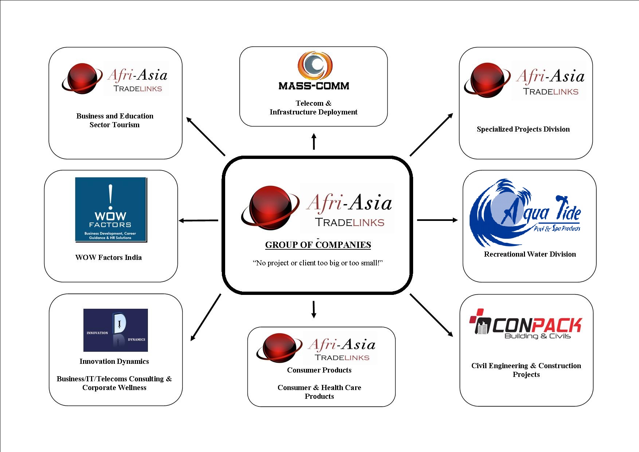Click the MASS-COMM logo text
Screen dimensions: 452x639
point(314,86)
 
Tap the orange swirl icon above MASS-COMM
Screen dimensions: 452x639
point(315,65)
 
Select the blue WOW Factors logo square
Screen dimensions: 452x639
point(111,210)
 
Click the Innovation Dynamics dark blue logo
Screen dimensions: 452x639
point(115,330)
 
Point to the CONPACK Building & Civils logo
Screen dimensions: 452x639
point(526,324)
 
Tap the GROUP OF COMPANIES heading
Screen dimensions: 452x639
point(318,245)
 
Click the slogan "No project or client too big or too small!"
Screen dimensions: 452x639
point(318,263)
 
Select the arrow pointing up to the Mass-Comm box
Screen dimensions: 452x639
point(314,142)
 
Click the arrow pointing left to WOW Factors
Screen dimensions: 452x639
point(199,221)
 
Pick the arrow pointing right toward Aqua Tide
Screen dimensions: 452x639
point(437,220)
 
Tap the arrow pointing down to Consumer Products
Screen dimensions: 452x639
point(313,309)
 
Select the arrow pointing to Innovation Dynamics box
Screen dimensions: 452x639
point(206,317)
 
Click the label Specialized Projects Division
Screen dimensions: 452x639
point(523,129)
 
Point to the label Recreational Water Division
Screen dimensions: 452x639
point(530,254)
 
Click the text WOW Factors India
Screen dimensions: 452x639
point(109,257)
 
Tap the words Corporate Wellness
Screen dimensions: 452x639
point(114,387)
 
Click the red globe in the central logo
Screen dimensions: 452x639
point(270,207)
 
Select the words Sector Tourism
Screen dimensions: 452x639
point(114,125)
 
